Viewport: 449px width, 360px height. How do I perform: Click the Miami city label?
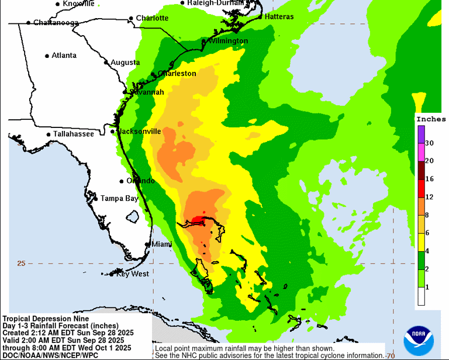(161, 244)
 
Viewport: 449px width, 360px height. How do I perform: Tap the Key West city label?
(132, 274)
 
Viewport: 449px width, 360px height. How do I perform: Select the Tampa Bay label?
(119, 199)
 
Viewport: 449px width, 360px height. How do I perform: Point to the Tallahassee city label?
(74, 134)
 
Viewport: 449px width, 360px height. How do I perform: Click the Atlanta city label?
(64, 56)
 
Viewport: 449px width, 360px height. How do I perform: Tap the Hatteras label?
(279, 16)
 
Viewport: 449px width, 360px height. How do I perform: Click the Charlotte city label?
(152, 18)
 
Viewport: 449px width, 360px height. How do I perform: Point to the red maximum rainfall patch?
(198, 220)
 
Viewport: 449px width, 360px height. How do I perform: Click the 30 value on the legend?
(429, 143)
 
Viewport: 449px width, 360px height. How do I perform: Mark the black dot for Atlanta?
(47, 56)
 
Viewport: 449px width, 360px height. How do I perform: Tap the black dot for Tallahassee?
(49, 134)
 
